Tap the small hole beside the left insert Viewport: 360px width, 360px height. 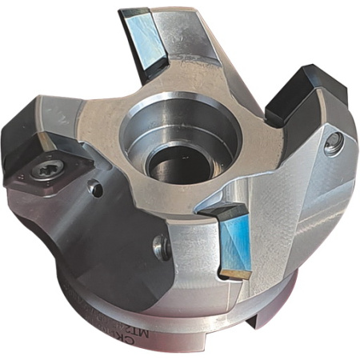tap(94, 190)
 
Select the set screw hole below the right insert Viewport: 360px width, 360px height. tap(335, 144)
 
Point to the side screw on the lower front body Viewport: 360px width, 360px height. tap(164, 247)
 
